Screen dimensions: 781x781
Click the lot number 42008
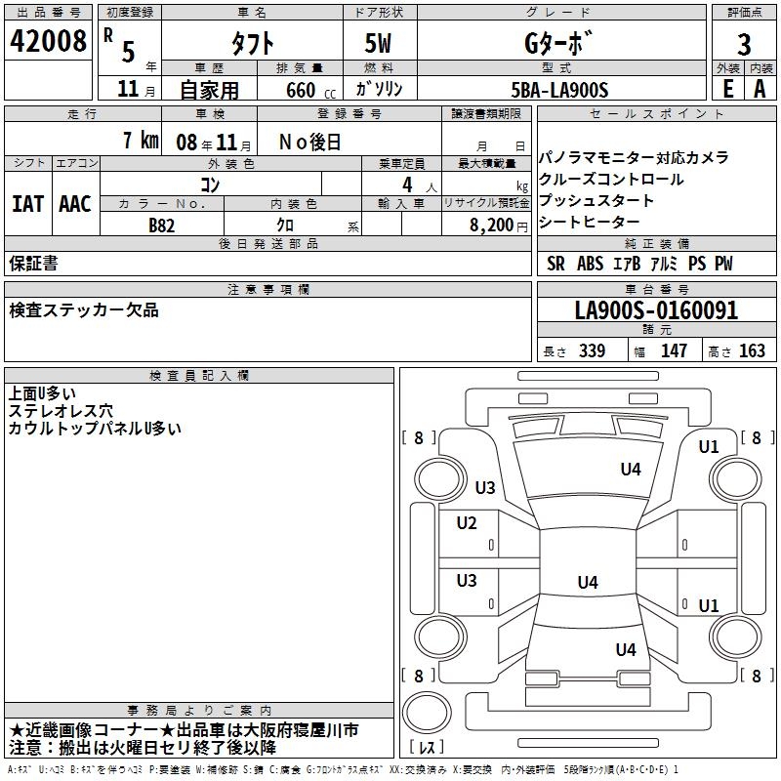tap(47, 41)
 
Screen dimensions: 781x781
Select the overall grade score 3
tap(744, 45)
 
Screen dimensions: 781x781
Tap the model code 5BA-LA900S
tap(560, 90)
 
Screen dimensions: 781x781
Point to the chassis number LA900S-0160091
tap(656, 311)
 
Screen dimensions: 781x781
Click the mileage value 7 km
tap(141, 141)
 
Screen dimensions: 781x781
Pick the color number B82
tap(162, 225)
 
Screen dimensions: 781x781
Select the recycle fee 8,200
tap(491, 225)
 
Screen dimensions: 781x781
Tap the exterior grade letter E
tap(726, 89)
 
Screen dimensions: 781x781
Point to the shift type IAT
tap(27, 203)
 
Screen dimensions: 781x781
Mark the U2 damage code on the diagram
tap(467, 523)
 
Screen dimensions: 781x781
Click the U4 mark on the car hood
tap(631, 470)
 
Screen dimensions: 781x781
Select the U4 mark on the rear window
tap(625, 649)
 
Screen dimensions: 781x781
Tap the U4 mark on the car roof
tap(587, 583)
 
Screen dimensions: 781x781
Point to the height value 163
tap(752, 351)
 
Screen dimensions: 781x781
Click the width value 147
tap(674, 351)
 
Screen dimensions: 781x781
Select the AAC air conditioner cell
tap(75, 203)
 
